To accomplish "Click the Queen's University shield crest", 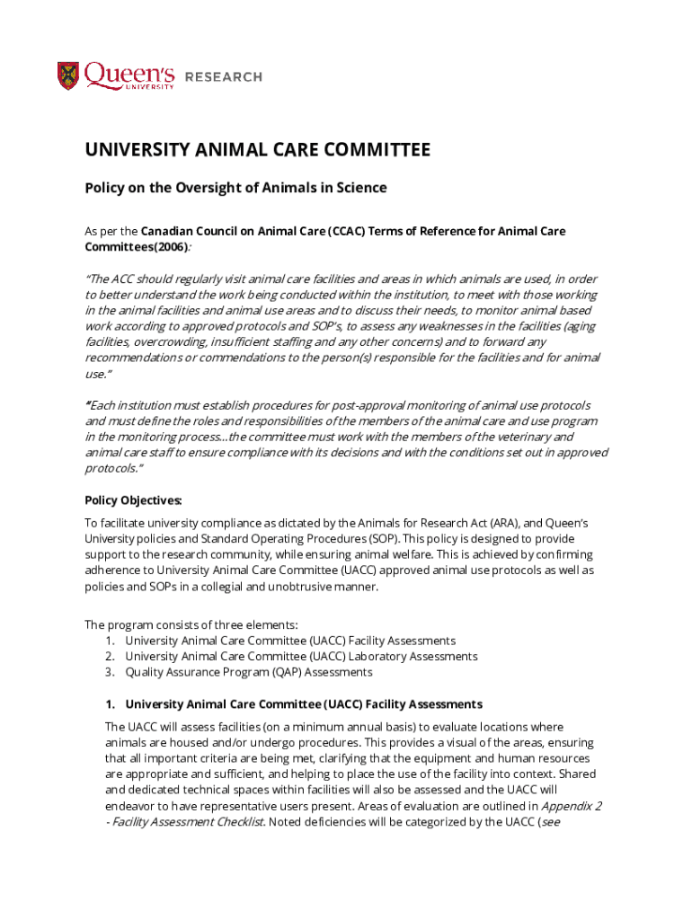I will tap(68, 75).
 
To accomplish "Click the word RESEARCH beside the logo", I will tap(223, 77).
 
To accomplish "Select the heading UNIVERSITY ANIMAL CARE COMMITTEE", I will tap(257, 150).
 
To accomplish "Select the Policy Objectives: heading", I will tap(133, 500).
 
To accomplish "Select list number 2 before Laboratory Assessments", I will tap(109, 656).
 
